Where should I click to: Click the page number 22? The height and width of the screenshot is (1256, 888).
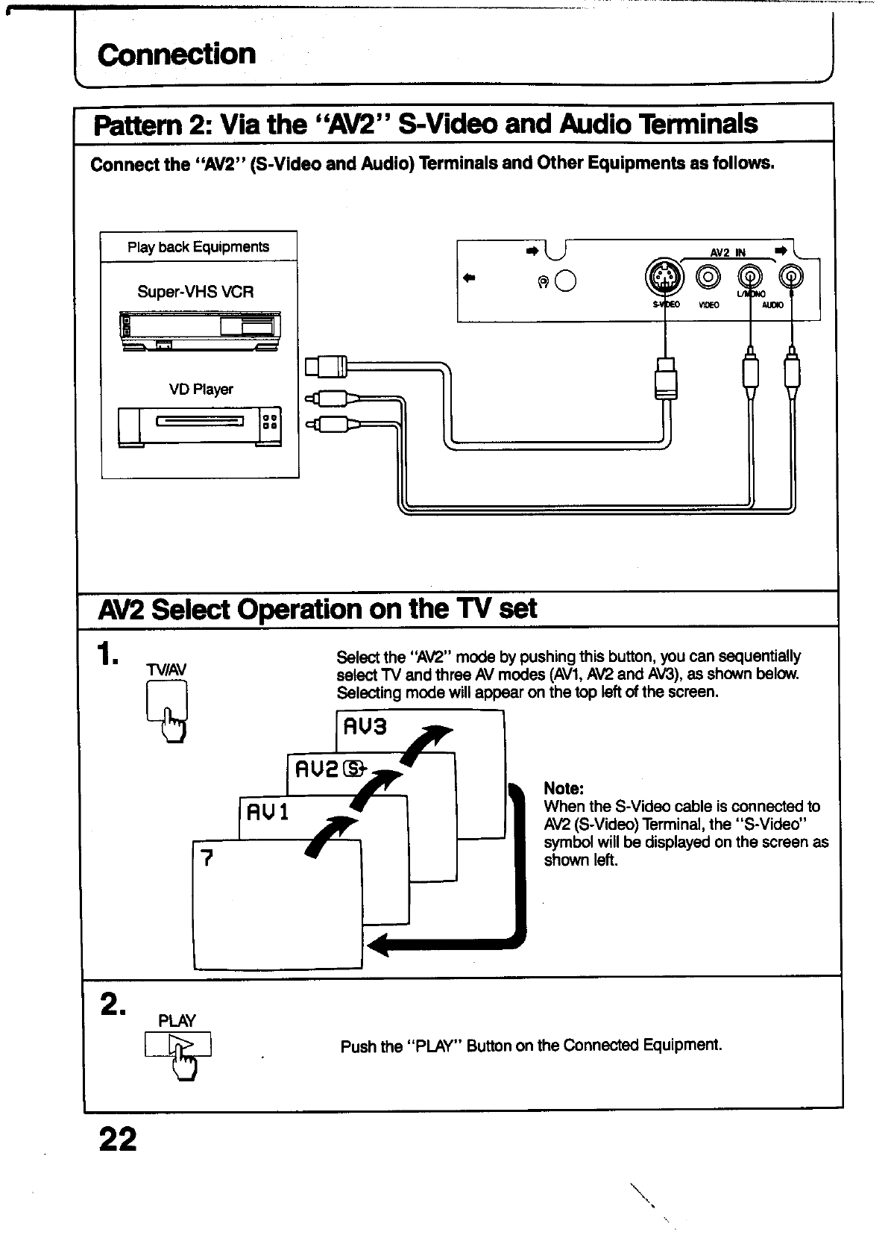pos(118,1140)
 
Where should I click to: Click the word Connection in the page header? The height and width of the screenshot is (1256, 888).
pos(177,54)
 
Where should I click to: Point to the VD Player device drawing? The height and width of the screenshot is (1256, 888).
pos(199,426)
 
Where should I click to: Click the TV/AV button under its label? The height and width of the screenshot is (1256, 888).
pos(167,704)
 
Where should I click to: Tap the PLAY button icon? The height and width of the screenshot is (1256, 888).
pos(179,1044)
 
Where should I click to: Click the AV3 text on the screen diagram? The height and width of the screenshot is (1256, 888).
pos(364,726)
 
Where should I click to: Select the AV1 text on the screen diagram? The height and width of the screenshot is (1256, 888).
pos(267,811)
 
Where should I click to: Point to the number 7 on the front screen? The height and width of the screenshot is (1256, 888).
pos(207,858)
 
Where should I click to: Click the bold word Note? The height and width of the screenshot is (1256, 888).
pos(564,789)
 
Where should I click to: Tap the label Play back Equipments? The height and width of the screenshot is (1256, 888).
pos(198,247)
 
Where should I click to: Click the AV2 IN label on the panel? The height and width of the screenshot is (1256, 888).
pos(728,253)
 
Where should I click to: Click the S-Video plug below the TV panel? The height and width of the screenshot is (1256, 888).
pos(665,378)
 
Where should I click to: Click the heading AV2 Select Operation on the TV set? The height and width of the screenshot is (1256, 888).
pos(317,609)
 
